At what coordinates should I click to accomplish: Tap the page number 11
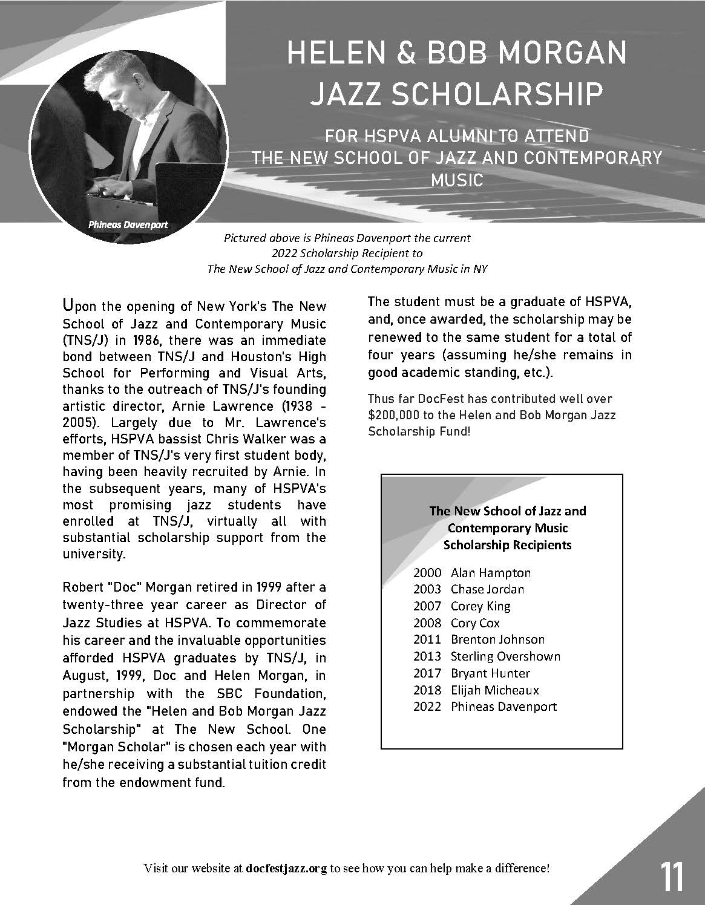[672, 877]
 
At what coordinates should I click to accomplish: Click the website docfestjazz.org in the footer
[287, 869]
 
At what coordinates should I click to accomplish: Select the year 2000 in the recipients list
[427, 572]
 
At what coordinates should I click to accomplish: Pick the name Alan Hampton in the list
[490, 572]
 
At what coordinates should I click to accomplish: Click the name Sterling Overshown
[505, 656]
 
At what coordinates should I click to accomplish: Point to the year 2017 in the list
[427, 673]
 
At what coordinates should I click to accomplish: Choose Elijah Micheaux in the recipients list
[494, 690]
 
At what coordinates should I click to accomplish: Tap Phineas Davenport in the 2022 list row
[503, 707]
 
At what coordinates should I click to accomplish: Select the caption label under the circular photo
[128, 224]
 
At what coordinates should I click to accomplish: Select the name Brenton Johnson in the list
[497, 639]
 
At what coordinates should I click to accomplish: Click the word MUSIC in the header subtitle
[456, 180]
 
